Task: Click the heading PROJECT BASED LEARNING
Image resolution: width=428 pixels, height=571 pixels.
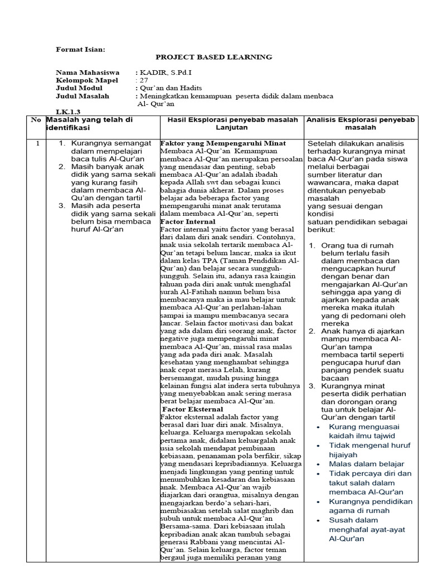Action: click(x=213, y=57)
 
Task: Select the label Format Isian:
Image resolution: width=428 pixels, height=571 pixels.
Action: click(x=81, y=49)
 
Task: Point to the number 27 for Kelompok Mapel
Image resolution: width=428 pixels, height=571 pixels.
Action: click(x=144, y=80)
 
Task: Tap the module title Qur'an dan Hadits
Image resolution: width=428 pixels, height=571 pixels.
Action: click(x=170, y=88)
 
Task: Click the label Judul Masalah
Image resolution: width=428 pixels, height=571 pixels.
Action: click(x=82, y=96)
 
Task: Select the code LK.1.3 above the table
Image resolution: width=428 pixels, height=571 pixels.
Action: click(x=68, y=112)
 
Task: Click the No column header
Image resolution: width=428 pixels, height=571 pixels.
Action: click(x=36, y=119)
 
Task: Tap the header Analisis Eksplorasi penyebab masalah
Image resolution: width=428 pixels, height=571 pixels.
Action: click(x=361, y=123)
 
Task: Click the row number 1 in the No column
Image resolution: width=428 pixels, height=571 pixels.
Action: click(x=37, y=144)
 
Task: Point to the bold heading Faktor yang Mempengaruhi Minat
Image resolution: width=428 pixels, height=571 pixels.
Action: click(x=223, y=143)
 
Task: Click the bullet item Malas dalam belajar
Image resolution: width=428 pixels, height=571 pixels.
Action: click(x=367, y=464)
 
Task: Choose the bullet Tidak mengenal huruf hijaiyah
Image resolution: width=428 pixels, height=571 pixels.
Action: click(x=369, y=450)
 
